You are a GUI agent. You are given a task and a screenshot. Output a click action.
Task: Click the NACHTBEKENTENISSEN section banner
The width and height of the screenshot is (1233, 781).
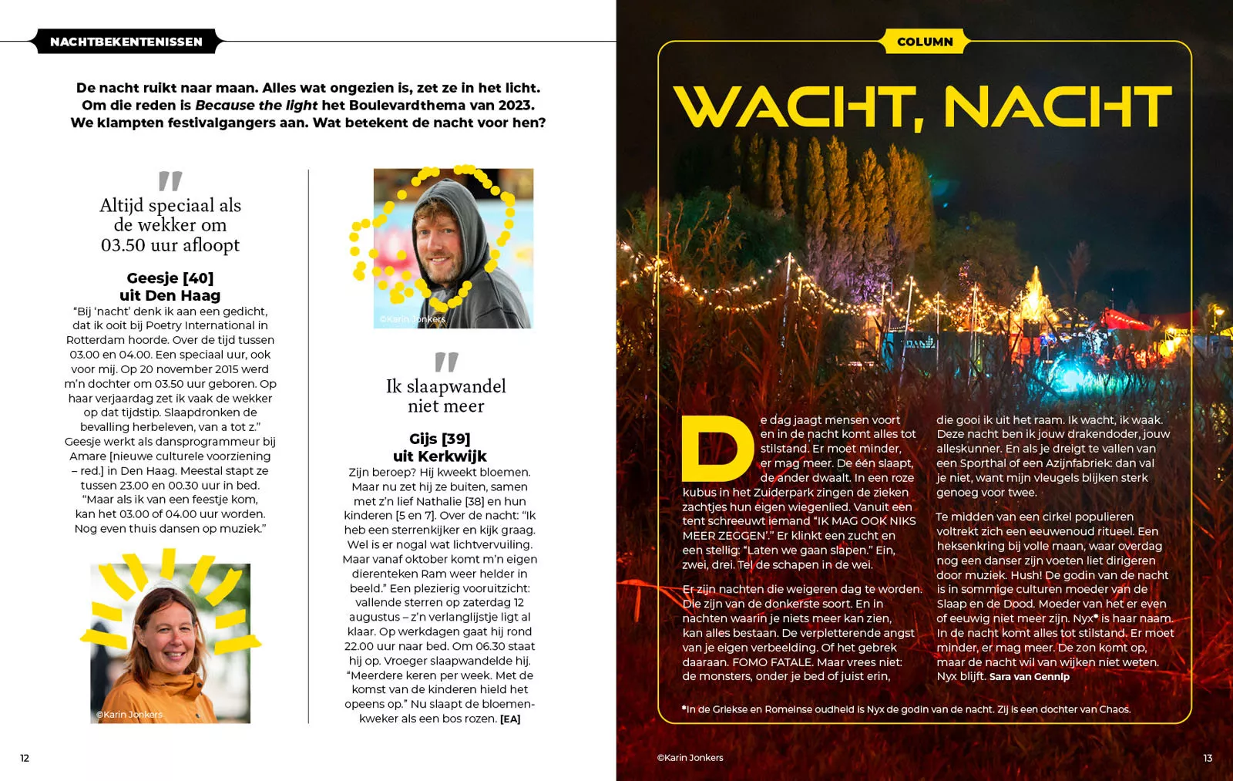pyautogui.click(x=126, y=42)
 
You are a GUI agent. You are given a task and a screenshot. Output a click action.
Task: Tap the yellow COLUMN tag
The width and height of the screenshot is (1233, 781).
pyautogui.click(x=925, y=42)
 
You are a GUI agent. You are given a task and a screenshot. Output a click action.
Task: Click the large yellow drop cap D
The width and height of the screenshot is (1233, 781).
pyautogui.click(x=717, y=448)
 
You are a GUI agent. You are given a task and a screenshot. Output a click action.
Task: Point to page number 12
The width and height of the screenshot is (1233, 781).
pyautogui.click(x=25, y=758)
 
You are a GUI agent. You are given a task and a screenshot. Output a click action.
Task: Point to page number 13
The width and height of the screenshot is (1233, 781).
pyautogui.click(x=1208, y=758)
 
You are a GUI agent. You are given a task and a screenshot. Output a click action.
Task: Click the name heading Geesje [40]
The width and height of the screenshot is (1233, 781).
pyautogui.click(x=170, y=278)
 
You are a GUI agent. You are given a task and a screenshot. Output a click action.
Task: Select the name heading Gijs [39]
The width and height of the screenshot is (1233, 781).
pyautogui.click(x=439, y=439)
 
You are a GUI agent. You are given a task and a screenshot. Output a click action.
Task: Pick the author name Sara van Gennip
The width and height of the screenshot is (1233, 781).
pyautogui.click(x=1029, y=677)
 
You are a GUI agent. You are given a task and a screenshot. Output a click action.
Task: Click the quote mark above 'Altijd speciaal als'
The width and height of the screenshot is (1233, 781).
pyautogui.click(x=170, y=181)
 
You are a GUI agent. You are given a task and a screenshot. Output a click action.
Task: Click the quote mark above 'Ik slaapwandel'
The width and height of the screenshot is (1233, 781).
pyautogui.click(x=446, y=362)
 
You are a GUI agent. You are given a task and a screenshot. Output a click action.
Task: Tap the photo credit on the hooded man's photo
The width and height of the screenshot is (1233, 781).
pyautogui.click(x=412, y=319)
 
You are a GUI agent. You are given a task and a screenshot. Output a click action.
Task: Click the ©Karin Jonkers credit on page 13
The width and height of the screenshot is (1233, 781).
pyautogui.click(x=690, y=758)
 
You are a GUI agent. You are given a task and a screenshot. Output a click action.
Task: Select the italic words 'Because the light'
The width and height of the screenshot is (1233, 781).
pyautogui.click(x=256, y=106)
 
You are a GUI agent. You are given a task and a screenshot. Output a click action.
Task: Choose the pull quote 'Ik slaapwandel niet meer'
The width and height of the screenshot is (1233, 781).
pyautogui.click(x=446, y=396)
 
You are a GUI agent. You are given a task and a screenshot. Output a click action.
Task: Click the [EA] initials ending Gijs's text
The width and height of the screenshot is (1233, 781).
pyautogui.click(x=510, y=719)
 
